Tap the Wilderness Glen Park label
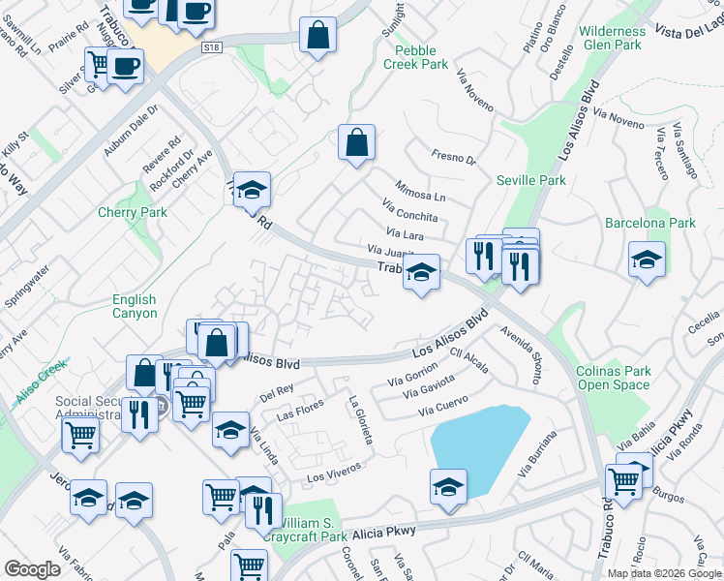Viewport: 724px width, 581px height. [611, 38]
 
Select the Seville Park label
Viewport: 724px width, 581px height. [530, 180]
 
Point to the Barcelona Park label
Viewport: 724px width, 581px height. [650, 223]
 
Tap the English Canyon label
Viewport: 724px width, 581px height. [135, 307]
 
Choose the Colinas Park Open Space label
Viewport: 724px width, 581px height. [614, 378]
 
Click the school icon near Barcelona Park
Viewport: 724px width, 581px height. [647, 260]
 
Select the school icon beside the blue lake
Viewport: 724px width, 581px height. [448, 486]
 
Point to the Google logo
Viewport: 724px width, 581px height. [33, 569]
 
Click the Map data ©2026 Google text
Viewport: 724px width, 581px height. [664, 573]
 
